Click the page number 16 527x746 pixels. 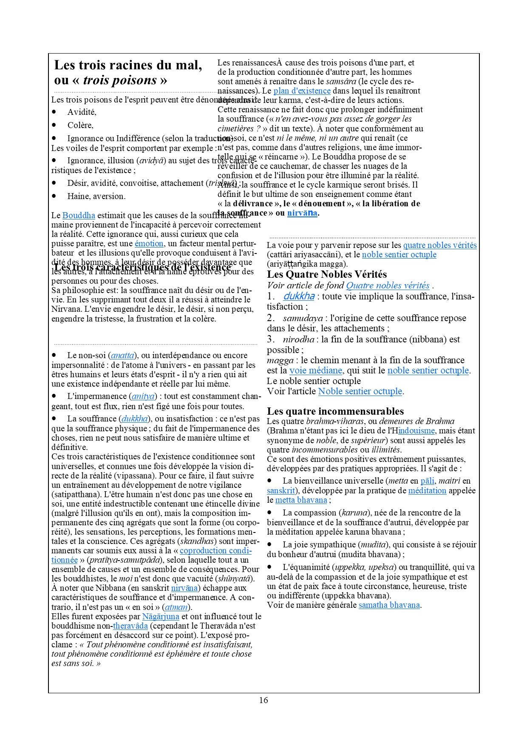click(x=263, y=700)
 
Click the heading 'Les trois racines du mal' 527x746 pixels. click(x=128, y=65)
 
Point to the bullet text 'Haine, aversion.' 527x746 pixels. click(x=96, y=196)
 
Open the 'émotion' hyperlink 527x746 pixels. click(x=149, y=244)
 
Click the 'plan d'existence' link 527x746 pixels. click(x=302, y=91)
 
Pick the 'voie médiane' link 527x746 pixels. click(x=315, y=371)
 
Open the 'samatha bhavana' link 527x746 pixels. click(x=389, y=605)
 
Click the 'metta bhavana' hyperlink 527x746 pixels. click(x=301, y=500)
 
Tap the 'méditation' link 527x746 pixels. click(x=427, y=491)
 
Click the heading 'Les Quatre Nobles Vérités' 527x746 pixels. click(x=327, y=274)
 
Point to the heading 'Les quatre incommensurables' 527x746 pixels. click(x=335, y=411)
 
